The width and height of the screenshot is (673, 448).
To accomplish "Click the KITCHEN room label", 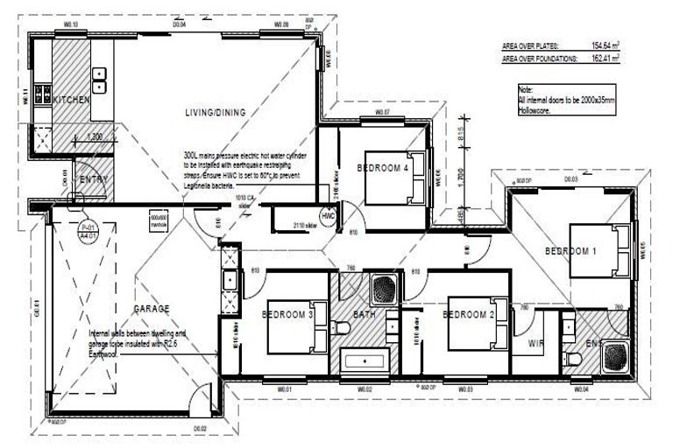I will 71,101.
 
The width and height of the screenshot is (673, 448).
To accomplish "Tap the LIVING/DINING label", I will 216,112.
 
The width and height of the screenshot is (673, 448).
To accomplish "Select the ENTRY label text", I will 93,179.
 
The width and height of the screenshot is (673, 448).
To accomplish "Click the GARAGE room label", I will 151,308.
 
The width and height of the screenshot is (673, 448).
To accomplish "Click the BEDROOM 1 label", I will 570,251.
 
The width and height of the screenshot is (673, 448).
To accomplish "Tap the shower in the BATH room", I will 385,286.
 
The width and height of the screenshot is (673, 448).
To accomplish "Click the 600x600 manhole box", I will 159,220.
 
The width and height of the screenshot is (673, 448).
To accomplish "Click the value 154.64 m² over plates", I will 602,45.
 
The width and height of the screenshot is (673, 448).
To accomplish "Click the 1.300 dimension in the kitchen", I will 96,136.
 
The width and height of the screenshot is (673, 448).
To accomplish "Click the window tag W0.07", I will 381,114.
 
